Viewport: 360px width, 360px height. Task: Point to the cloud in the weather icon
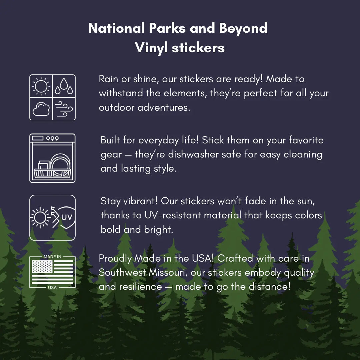coord(41,109)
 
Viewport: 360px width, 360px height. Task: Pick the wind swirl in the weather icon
coord(64,109)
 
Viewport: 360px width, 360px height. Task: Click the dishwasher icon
coord(53,158)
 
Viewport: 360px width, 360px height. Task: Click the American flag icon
coord(53,272)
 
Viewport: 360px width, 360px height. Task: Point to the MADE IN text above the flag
coord(53,257)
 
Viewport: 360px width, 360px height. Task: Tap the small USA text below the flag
coord(52,287)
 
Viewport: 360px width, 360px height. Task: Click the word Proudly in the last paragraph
coord(115,258)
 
